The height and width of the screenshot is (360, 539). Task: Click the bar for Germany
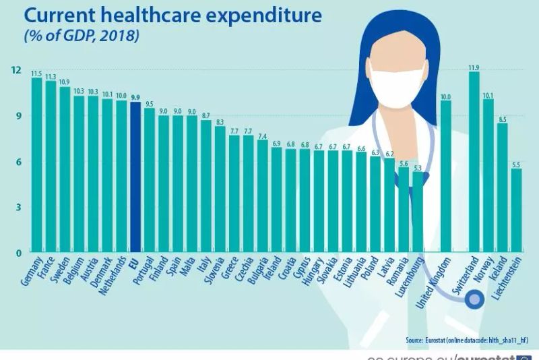pos(36,165)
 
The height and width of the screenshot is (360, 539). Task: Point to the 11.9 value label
pos(474,67)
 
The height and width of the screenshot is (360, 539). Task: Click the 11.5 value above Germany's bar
pos(36,73)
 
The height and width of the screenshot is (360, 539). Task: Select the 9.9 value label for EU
pos(135,97)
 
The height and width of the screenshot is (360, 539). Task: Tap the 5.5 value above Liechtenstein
pos(516,164)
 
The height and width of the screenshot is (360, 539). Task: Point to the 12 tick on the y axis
pos(16,70)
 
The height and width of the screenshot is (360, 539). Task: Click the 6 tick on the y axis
pos(19,162)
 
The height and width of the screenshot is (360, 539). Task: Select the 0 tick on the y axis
pos(19,253)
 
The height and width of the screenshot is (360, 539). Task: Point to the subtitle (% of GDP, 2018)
pos(81,36)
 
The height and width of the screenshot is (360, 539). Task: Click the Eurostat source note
pos(464,340)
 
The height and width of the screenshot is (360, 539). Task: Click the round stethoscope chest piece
pos(475,297)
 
